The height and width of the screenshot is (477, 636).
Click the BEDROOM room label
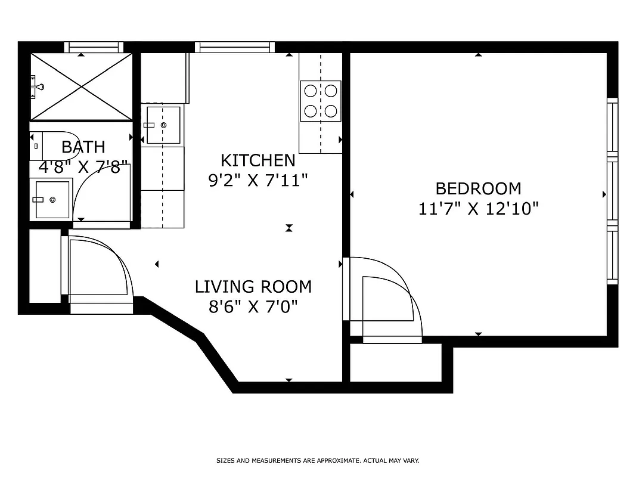(x=478, y=188)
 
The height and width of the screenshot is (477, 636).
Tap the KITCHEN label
(x=257, y=160)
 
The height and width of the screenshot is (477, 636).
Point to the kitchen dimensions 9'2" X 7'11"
(x=257, y=180)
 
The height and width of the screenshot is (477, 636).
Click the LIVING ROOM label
(x=253, y=287)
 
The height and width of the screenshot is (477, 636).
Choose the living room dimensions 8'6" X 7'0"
(x=253, y=306)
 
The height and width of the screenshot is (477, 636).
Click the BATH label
(x=83, y=147)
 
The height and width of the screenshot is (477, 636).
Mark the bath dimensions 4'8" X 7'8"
(x=83, y=167)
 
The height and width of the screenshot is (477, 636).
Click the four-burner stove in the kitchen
(x=320, y=100)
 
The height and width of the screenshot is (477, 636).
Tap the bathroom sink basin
(x=52, y=200)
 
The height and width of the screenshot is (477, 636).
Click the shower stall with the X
(x=81, y=86)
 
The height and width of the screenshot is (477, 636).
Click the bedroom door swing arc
(x=387, y=298)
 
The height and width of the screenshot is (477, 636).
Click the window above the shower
(x=93, y=47)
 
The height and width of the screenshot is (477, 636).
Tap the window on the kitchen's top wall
(x=234, y=47)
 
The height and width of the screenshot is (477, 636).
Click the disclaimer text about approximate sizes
(x=318, y=461)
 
